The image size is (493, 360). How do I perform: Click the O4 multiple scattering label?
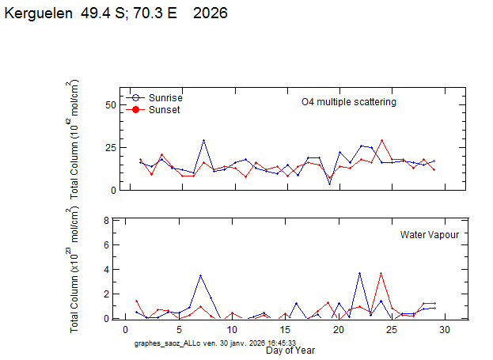[349, 102]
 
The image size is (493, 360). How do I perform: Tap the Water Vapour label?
[430, 234]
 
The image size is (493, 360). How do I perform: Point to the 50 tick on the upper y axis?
[111, 105]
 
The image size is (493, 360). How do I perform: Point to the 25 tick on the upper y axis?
[111, 148]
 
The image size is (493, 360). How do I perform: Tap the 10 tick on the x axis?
[231, 329]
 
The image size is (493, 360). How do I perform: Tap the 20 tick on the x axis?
[338, 329]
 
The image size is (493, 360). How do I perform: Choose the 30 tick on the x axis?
[445, 329]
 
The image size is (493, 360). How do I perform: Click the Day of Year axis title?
[290, 350]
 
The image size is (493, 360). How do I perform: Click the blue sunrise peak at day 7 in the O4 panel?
[203, 141]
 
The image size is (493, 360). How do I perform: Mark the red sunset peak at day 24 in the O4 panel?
[381, 141]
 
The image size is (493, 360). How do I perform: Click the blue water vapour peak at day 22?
[359, 273]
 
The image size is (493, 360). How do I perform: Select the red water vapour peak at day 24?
[381, 274]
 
